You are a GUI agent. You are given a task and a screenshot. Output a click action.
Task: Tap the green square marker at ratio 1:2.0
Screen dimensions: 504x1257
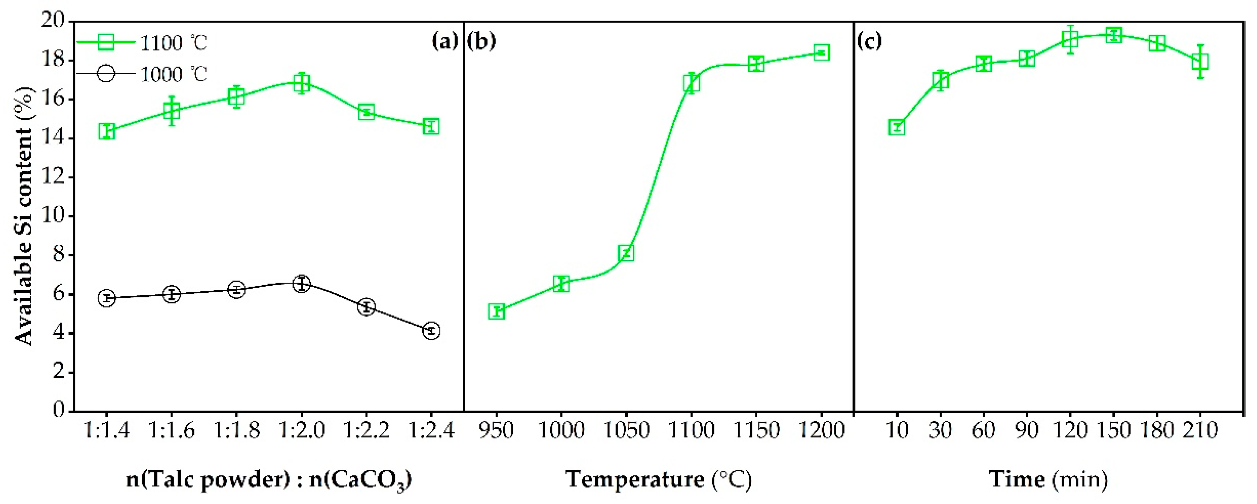point(302,83)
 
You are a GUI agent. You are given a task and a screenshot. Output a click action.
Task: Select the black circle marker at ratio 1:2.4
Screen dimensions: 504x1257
point(431,331)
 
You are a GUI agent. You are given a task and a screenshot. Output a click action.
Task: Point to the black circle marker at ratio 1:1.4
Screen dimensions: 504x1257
point(107,298)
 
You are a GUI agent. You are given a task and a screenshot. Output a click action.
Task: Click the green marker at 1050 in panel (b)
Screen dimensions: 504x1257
point(626,253)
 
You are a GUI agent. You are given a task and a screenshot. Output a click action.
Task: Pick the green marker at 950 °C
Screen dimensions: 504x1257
point(496,311)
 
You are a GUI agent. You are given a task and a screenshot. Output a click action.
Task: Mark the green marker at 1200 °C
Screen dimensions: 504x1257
point(822,53)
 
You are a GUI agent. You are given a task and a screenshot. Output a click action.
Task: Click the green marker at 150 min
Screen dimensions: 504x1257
point(1113,35)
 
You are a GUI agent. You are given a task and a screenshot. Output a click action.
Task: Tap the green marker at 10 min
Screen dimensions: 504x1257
point(897,127)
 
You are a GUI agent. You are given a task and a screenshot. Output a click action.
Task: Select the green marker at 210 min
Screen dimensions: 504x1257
point(1200,62)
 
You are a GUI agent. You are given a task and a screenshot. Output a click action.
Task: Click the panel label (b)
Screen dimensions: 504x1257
point(481,41)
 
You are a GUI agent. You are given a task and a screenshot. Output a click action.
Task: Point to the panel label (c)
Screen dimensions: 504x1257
point(870,41)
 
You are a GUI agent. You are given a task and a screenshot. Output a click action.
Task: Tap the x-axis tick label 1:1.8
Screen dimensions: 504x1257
point(236,430)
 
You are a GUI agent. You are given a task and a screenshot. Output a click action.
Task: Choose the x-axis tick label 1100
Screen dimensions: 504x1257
point(691,430)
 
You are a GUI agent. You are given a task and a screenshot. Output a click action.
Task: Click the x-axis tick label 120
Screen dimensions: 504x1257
point(1070,430)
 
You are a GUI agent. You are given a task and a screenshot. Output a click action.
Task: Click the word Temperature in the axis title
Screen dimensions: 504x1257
point(635,480)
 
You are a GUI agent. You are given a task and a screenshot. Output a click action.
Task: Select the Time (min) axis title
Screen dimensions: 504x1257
point(1048,480)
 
